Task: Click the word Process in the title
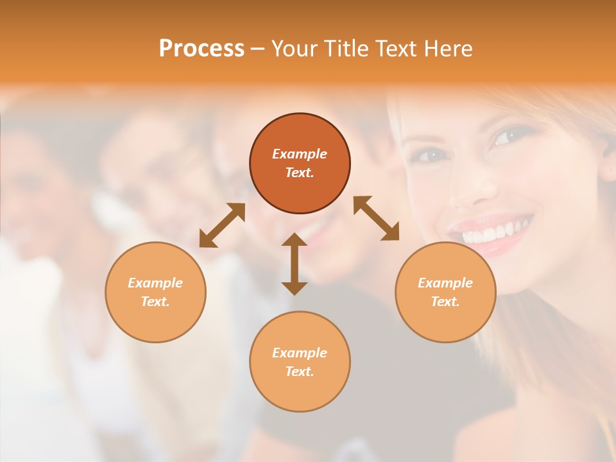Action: [x=201, y=49]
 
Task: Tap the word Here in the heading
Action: [x=448, y=49]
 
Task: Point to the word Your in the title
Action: [x=295, y=49]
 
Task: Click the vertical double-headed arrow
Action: [x=295, y=264]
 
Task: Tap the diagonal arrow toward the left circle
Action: [x=222, y=225]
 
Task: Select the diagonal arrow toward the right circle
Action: [x=377, y=218]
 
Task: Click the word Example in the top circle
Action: [x=300, y=154]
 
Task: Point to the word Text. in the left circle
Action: [x=155, y=302]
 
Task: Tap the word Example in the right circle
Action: [x=445, y=283]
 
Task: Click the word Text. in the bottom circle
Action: [x=300, y=372]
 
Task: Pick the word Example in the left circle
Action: [x=155, y=283]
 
